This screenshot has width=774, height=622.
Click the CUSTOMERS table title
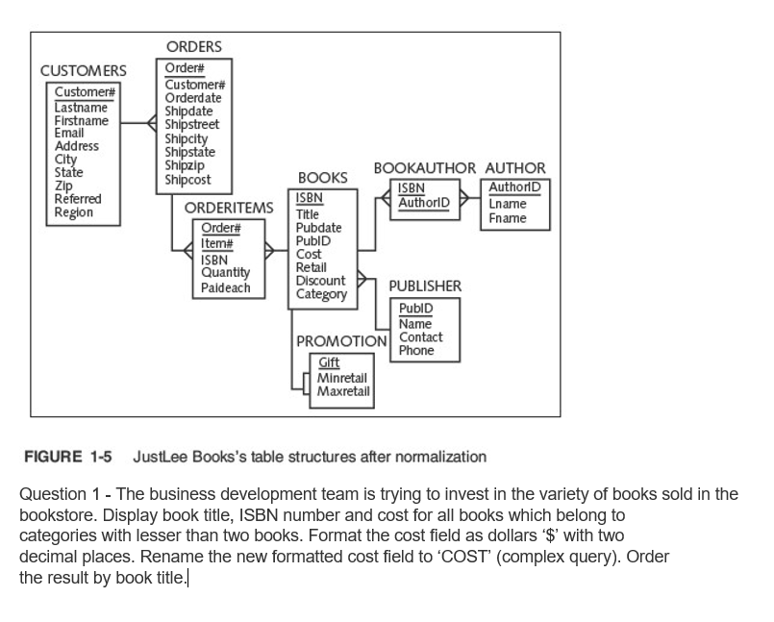coord(83,71)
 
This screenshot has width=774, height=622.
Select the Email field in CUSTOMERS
coord(69,134)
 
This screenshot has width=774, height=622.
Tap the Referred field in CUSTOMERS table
coord(78,199)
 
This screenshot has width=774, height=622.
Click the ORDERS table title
coord(193,46)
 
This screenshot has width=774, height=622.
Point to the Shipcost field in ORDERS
coord(187,180)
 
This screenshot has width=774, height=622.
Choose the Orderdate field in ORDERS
coord(193,98)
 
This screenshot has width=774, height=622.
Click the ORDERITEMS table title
coord(229,208)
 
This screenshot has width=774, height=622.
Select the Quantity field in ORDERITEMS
coord(225,272)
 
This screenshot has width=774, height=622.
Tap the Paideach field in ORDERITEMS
coord(225,287)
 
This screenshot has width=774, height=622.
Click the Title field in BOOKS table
coord(308,214)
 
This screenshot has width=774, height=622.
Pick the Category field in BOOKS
coord(321,294)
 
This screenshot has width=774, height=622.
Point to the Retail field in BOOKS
coord(311,267)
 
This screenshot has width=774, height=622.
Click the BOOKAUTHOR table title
coord(424,168)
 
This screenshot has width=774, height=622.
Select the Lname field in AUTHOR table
coord(507,204)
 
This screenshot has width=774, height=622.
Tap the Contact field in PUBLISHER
coord(420,337)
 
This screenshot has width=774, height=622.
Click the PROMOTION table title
coord(341,341)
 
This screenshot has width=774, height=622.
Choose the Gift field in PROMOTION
coord(329,362)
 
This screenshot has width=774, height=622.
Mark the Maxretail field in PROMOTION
coord(343,391)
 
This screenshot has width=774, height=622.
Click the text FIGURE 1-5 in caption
coord(67,457)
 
